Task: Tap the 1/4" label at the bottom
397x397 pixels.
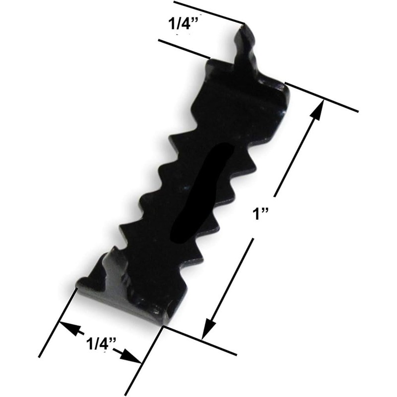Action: (x=101, y=342)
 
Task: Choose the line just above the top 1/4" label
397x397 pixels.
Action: (x=208, y=12)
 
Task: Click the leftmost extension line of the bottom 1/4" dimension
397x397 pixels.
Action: (x=57, y=323)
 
